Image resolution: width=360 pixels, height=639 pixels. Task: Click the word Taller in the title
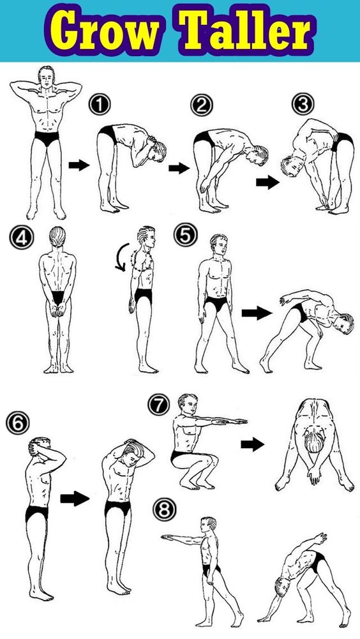pos(246,30)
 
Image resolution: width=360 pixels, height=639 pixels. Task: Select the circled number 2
pos(202,105)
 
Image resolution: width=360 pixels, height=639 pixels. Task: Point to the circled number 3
pos(303,104)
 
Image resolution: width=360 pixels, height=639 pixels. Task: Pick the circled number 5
pos(186,236)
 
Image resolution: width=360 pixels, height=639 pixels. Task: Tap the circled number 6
pos(18,423)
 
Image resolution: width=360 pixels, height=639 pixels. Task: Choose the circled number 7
pos(158,405)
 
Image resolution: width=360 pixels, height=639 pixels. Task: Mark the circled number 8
pos(165,509)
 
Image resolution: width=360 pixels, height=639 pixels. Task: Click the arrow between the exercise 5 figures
pos(257,313)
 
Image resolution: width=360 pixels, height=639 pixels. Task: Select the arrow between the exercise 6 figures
pos(75,499)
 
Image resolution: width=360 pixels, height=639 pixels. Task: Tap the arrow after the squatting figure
pos(252,444)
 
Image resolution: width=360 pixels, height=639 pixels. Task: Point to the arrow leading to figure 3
pos(267,183)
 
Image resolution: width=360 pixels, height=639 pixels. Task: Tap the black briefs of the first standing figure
pos(47,138)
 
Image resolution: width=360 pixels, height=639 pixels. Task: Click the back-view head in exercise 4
pos(57,236)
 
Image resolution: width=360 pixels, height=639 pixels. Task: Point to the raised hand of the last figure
pos(319,539)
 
